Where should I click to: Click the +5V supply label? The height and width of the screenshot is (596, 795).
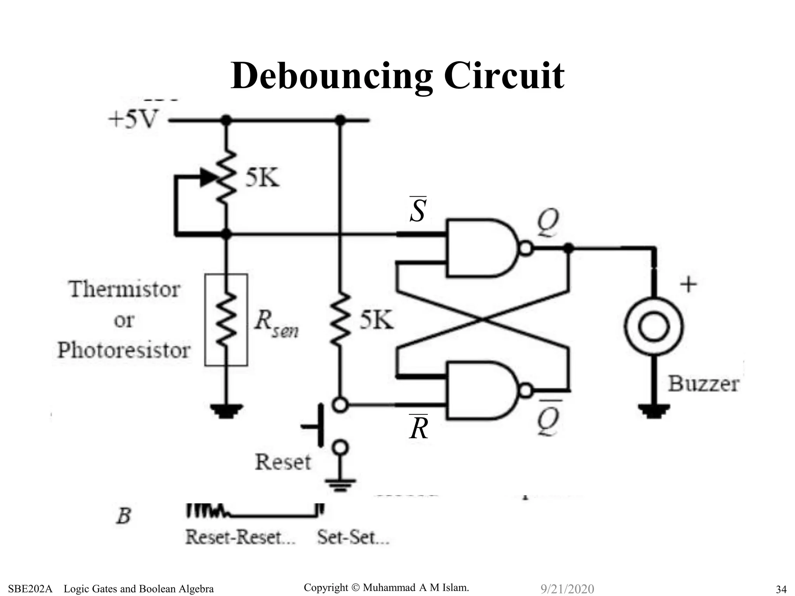[x=133, y=119]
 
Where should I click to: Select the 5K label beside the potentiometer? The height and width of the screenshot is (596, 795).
[x=262, y=178]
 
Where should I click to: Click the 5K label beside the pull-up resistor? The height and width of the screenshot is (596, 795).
[x=376, y=321]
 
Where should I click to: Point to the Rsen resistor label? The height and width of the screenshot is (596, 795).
[x=276, y=323]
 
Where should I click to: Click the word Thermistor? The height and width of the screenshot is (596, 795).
[x=125, y=289]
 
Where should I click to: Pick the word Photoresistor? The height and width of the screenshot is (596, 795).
[x=124, y=350]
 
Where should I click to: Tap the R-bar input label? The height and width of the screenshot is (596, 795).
[x=418, y=428]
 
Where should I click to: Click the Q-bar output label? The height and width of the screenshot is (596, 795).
[x=548, y=419]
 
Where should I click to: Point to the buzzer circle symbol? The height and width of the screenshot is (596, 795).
[x=654, y=326]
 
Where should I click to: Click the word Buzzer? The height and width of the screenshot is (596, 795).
[x=703, y=384]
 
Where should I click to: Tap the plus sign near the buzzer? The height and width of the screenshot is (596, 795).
[x=688, y=284]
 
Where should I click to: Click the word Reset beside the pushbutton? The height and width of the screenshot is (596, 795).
[x=283, y=462]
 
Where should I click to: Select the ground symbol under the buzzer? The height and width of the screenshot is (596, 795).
[x=654, y=411]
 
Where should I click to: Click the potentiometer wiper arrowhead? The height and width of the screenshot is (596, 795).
[x=208, y=178]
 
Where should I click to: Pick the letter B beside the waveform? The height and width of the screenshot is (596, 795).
[x=124, y=516]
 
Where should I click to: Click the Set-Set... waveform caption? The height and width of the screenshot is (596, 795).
[x=353, y=538]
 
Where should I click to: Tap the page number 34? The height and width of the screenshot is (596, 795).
[x=781, y=589]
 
